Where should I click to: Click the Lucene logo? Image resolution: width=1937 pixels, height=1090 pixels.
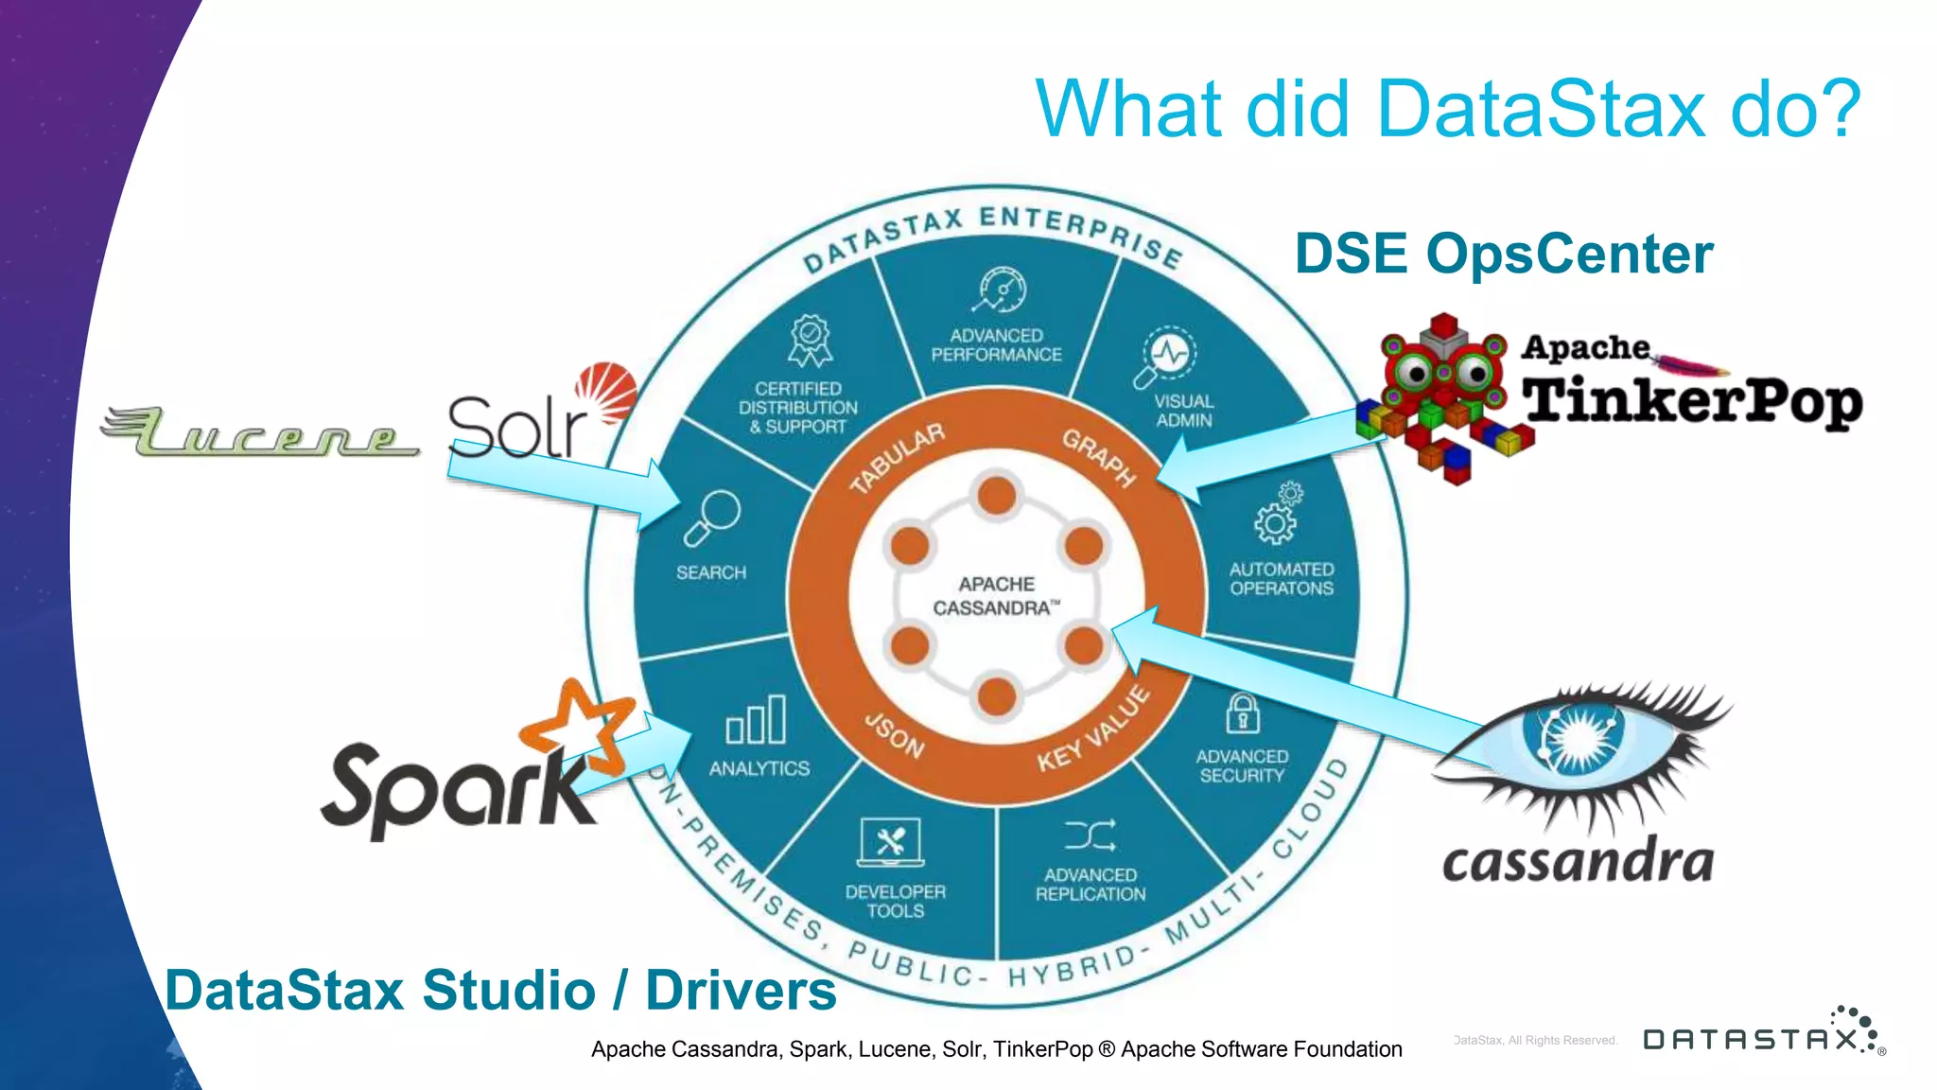(260, 432)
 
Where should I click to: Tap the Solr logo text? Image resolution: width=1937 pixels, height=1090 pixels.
(517, 428)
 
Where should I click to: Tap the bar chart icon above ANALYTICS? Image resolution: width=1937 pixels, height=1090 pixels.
(756, 720)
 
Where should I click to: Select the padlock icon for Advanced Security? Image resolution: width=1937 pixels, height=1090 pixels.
(1242, 713)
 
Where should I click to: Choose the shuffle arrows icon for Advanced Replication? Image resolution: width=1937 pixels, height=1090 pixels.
(1090, 835)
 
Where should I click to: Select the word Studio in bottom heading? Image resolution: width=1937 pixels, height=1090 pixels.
(509, 990)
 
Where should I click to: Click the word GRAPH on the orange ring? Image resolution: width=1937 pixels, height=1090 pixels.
(1098, 457)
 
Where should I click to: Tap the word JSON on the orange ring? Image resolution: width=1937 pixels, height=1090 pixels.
(894, 736)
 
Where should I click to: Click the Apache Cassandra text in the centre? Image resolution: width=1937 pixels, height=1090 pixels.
(996, 596)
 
